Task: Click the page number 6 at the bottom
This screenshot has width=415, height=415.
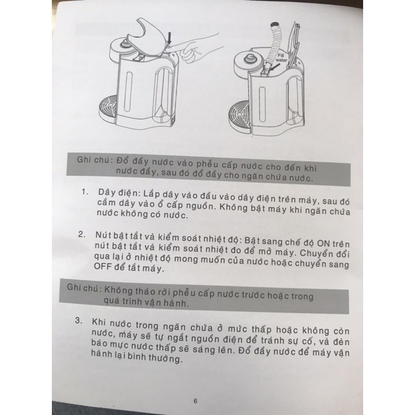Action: tap(196, 400)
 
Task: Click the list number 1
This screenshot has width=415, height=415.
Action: tap(83, 192)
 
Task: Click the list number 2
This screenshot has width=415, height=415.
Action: tap(81, 235)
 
